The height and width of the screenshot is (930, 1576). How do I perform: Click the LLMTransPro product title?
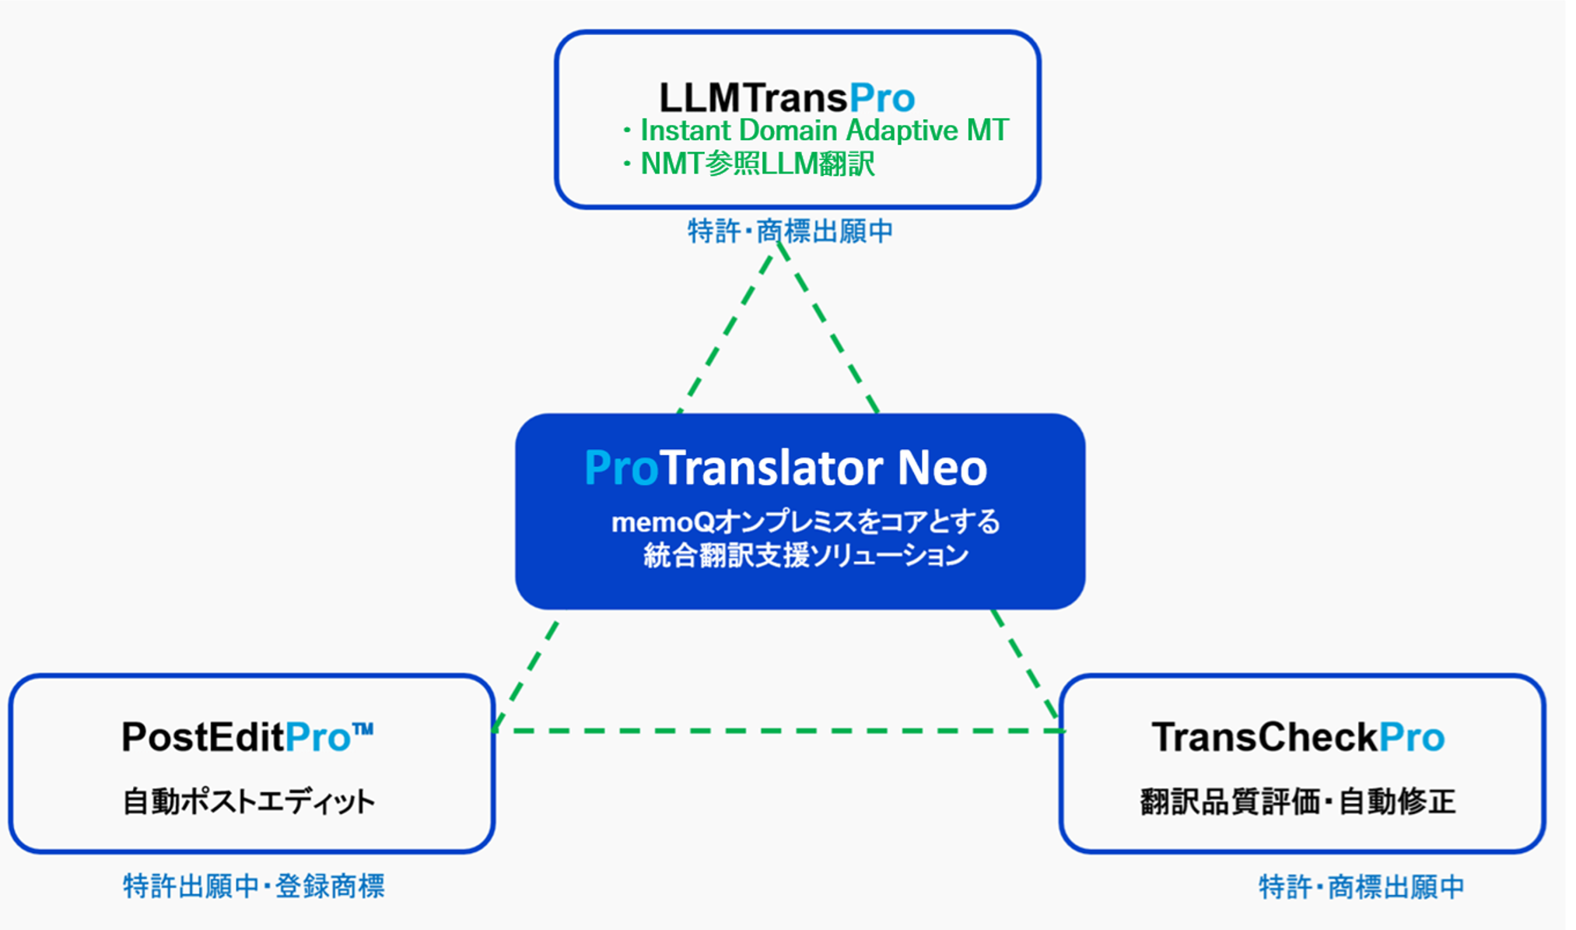point(786,98)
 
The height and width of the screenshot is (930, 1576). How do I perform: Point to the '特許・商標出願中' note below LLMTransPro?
point(790,231)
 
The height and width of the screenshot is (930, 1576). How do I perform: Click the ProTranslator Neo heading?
point(786,468)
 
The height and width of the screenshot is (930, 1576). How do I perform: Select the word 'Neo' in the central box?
point(942,468)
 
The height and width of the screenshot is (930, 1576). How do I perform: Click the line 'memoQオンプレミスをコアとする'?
point(806,521)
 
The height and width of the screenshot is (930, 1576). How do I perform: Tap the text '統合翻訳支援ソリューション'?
point(806,556)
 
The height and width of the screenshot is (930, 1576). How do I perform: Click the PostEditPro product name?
point(247,737)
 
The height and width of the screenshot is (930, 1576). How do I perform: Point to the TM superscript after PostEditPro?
point(363,729)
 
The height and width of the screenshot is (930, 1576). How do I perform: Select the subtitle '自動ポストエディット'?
point(249,802)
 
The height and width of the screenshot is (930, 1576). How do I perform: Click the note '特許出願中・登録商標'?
point(254,886)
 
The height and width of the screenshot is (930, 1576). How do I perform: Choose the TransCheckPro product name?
point(1298,737)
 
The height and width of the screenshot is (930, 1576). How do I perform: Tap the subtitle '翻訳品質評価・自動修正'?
point(1298,802)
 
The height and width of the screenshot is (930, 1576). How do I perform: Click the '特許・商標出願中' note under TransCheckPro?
point(1361,887)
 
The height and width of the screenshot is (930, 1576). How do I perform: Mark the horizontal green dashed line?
point(779,731)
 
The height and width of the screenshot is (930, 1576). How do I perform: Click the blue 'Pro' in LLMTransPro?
point(882,98)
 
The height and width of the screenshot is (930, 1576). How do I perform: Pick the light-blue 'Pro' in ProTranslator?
point(622,468)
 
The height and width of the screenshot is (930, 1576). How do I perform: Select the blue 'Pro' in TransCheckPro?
point(1412,737)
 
